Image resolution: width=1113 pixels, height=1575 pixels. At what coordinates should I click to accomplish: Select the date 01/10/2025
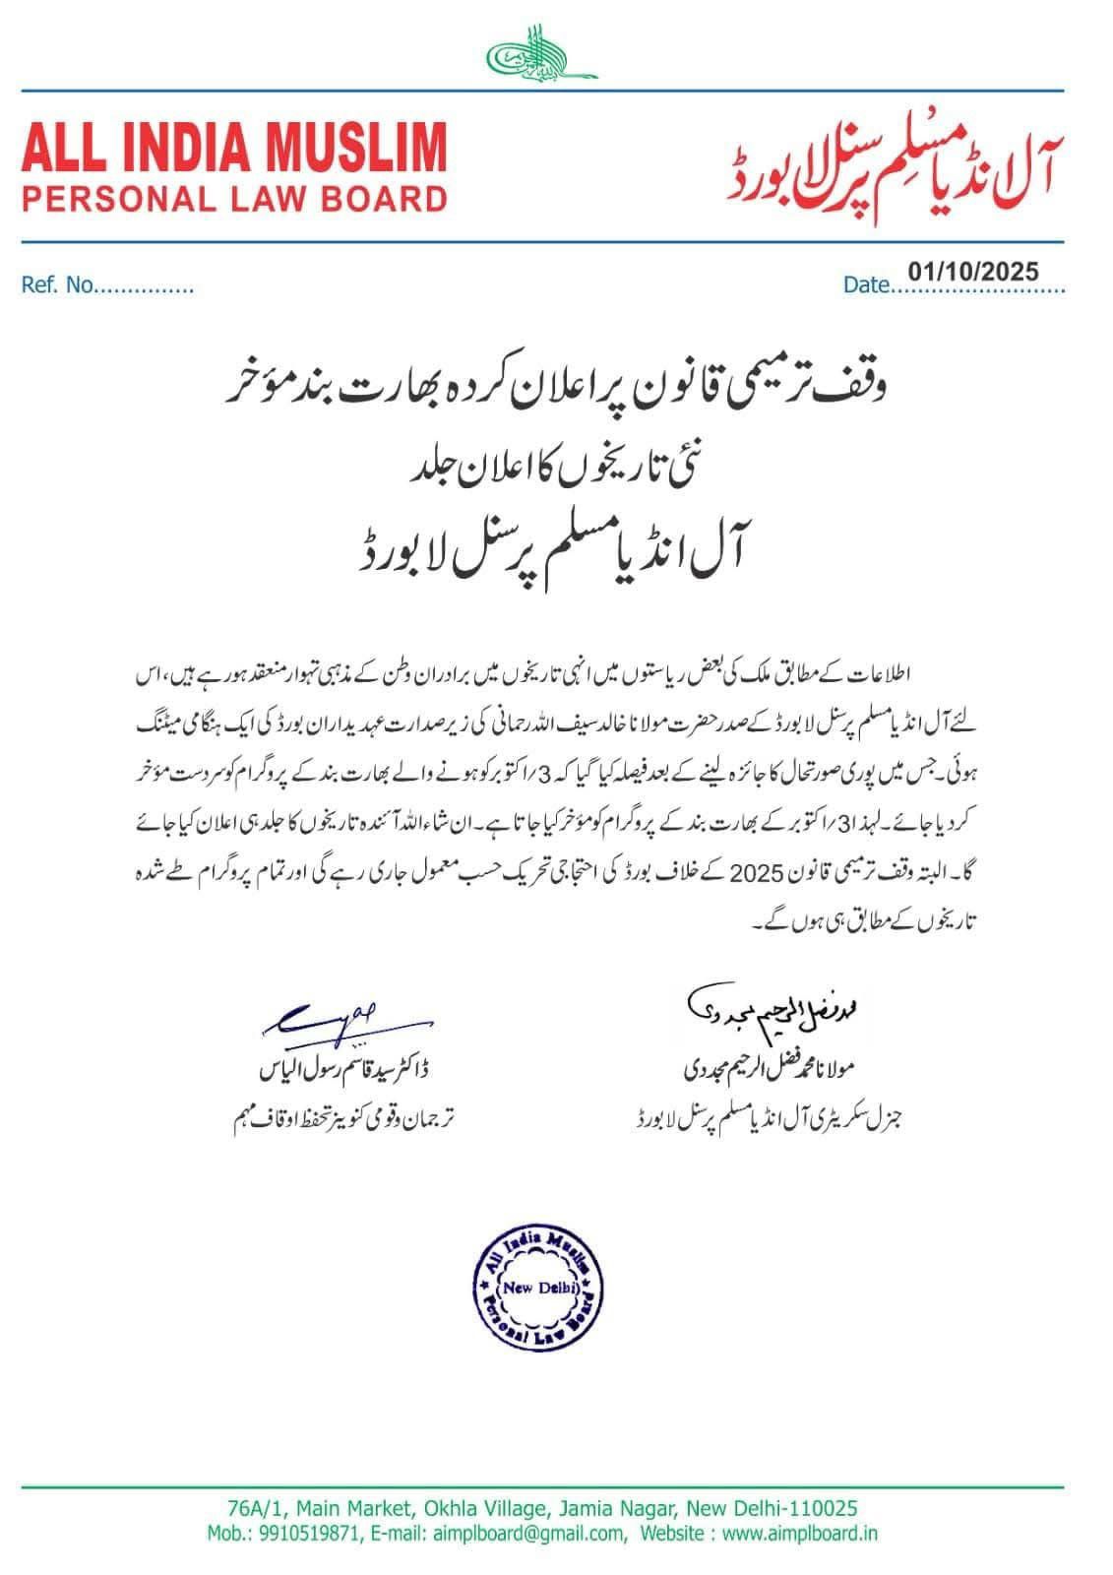point(973,271)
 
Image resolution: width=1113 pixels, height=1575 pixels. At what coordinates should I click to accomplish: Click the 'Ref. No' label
point(57,286)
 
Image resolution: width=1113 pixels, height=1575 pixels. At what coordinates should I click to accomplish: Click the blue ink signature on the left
point(324,1019)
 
